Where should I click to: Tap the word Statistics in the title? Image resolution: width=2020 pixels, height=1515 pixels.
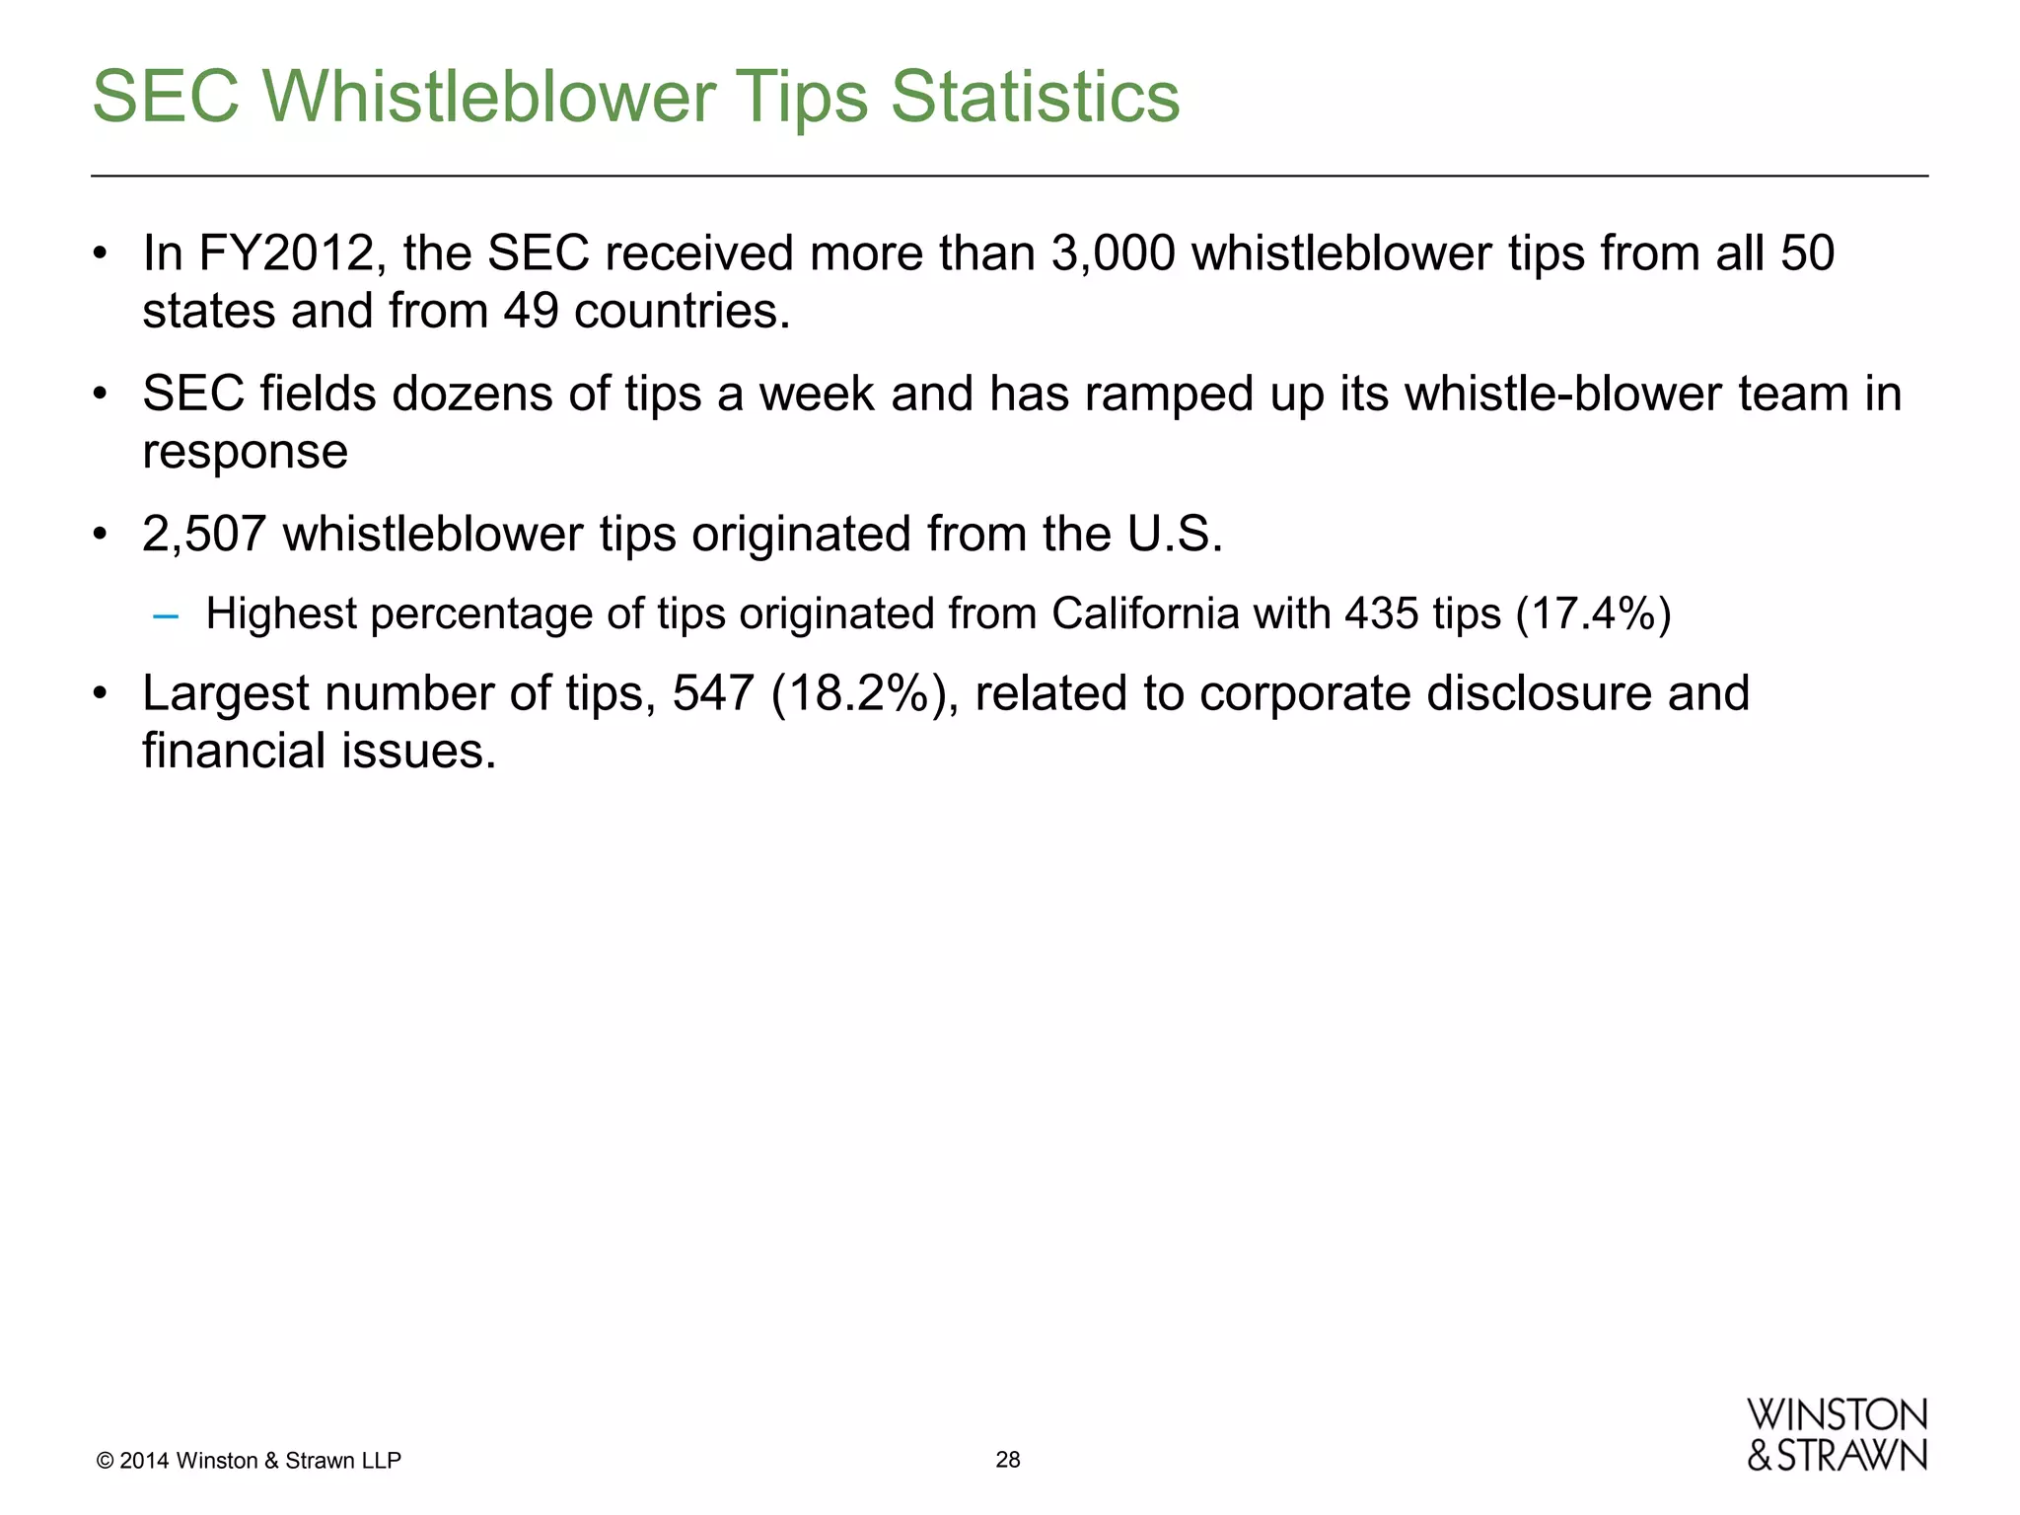[x=1035, y=97]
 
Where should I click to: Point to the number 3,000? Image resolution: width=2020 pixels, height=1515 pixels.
[x=1113, y=253]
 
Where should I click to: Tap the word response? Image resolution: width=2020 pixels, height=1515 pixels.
[x=245, y=452]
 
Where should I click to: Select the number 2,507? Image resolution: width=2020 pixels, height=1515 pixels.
[x=204, y=535]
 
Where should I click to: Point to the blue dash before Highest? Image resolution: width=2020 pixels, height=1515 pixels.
[x=166, y=616]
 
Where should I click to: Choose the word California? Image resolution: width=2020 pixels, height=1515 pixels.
[x=1145, y=614]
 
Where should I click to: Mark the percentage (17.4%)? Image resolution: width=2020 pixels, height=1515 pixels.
[x=1593, y=614]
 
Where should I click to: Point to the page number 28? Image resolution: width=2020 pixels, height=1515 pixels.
[x=1008, y=1460]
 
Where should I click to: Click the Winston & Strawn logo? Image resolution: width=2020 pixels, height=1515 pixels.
[x=1837, y=1435]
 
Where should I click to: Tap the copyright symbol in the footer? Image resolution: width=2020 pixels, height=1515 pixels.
[x=105, y=1461]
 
